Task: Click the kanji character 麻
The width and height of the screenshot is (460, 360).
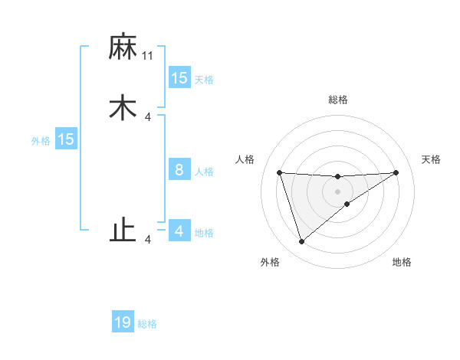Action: coord(123,47)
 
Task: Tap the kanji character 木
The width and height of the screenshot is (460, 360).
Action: coord(123,108)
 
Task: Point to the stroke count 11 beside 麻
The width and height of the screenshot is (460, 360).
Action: coord(148,55)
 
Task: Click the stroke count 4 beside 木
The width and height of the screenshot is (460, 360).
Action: coord(148,116)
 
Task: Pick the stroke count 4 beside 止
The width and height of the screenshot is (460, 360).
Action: coord(148,240)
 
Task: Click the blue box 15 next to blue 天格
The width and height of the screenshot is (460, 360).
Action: coord(179,77)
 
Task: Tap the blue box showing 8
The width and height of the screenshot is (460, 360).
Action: coord(179,170)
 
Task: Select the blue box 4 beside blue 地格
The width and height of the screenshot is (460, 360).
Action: coord(179,231)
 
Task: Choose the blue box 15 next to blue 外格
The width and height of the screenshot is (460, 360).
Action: coord(66,139)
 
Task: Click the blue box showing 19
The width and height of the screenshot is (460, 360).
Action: coord(123,322)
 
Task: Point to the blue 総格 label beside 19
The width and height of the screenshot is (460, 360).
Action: coord(148,324)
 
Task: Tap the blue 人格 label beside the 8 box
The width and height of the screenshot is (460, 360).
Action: coord(204,172)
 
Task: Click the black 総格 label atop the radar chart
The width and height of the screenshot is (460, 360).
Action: coord(338,100)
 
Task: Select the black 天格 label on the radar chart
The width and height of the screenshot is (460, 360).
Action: coord(431,159)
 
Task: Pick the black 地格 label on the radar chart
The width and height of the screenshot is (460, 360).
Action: coord(402,263)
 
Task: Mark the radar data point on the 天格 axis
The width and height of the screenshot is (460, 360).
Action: coord(396,172)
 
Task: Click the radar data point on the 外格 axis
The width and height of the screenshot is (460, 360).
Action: coord(301,242)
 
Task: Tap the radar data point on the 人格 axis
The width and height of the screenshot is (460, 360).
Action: coord(279,172)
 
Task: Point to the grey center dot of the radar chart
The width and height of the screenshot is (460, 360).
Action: coord(338,191)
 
